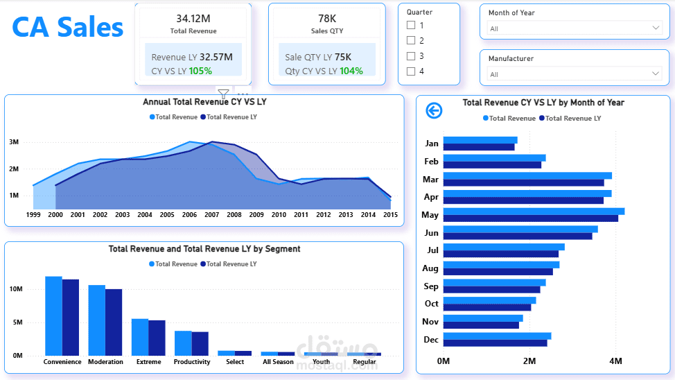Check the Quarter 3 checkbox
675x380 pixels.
click(x=411, y=56)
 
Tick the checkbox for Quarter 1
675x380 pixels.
click(x=411, y=26)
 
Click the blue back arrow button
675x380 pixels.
click(x=434, y=110)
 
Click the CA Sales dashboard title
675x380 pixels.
click(x=68, y=27)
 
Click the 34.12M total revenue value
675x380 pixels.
click(x=193, y=19)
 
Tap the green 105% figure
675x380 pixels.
click(x=200, y=71)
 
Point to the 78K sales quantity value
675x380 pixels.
click(x=327, y=19)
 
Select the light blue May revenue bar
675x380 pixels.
click(x=534, y=211)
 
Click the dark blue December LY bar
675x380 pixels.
click(x=495, y=343)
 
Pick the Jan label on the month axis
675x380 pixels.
click(x=432, y=144)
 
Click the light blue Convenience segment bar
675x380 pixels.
click(x=53, y=316)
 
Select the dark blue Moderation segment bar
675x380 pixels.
click(x=114, y=322)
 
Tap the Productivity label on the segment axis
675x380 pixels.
click(x=192, y=362)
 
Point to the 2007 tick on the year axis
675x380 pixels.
click(x=211, y=215)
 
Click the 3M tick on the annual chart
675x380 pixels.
click(x=14, y=142)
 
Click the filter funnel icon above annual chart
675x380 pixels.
click(x=223, y=93)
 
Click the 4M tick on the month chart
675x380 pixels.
click(x=615, y=361)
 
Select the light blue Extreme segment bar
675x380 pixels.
click(x=140, y=337)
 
